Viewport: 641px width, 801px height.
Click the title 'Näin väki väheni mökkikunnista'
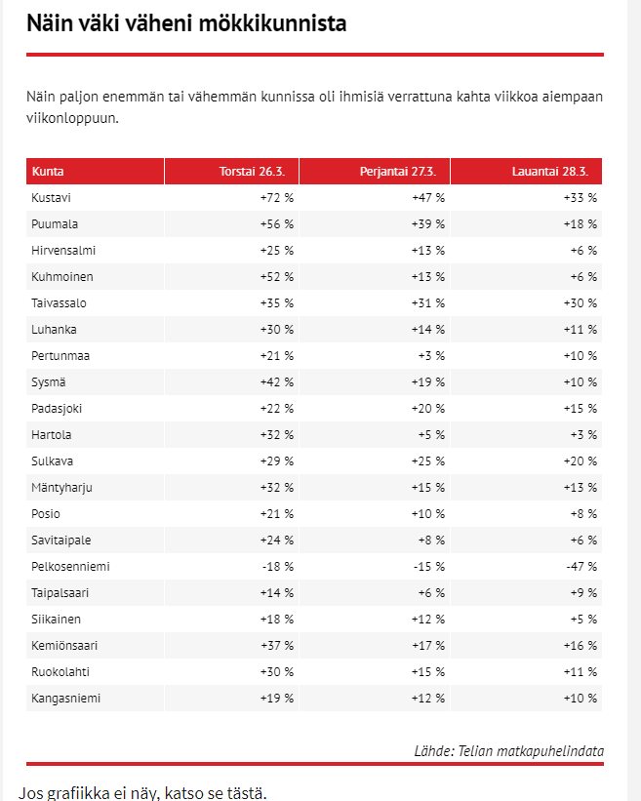(186, 22)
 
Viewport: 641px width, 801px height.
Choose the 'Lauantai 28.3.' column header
(554, 172)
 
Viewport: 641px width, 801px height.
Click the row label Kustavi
(52, 198)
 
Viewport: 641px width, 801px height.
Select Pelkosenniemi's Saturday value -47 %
(580, 567)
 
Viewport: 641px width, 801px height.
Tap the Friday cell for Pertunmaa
(430, 356)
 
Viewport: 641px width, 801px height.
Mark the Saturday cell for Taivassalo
(580, 303)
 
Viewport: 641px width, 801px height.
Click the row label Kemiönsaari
(64, 646)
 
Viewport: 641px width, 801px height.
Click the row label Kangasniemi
(65, 699)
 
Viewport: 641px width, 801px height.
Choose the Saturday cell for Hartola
(583, 435)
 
